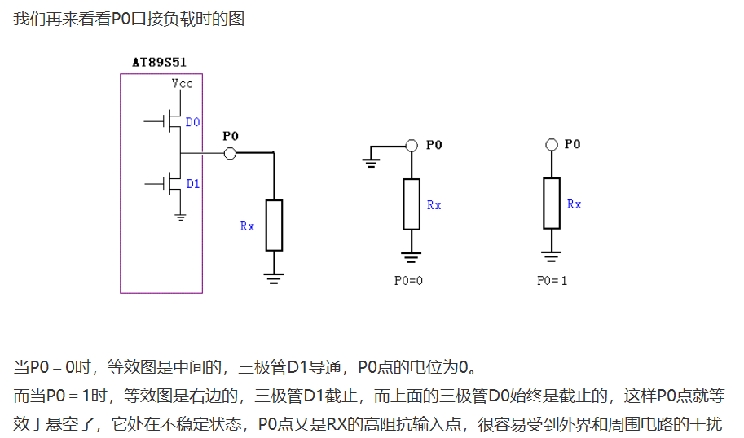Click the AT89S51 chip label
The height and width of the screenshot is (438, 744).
160,62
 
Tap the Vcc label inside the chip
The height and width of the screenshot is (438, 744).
182,83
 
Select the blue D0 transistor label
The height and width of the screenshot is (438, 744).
192,122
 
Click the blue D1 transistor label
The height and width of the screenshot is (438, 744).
192,184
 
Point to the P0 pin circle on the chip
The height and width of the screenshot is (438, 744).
230,153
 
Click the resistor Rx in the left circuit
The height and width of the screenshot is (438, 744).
274,225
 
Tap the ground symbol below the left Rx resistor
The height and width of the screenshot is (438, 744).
274,278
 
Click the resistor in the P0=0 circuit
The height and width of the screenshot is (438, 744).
412,204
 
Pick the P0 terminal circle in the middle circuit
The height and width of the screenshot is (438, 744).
412,146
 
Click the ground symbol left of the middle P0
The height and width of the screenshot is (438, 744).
372,161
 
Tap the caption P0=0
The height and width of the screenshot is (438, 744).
410,280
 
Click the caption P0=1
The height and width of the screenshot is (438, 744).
552,280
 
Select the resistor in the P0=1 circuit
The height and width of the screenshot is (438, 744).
552,204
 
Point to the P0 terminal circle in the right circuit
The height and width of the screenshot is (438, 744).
552,145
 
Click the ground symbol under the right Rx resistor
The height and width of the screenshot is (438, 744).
552,257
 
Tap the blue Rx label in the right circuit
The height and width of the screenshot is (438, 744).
575,204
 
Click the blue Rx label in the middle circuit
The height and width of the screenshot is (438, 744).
434,205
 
